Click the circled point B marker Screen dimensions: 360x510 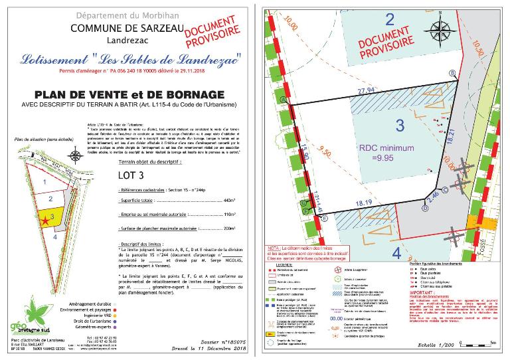click(x=453, y=72)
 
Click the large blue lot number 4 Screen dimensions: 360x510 click(x=397, y=252)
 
